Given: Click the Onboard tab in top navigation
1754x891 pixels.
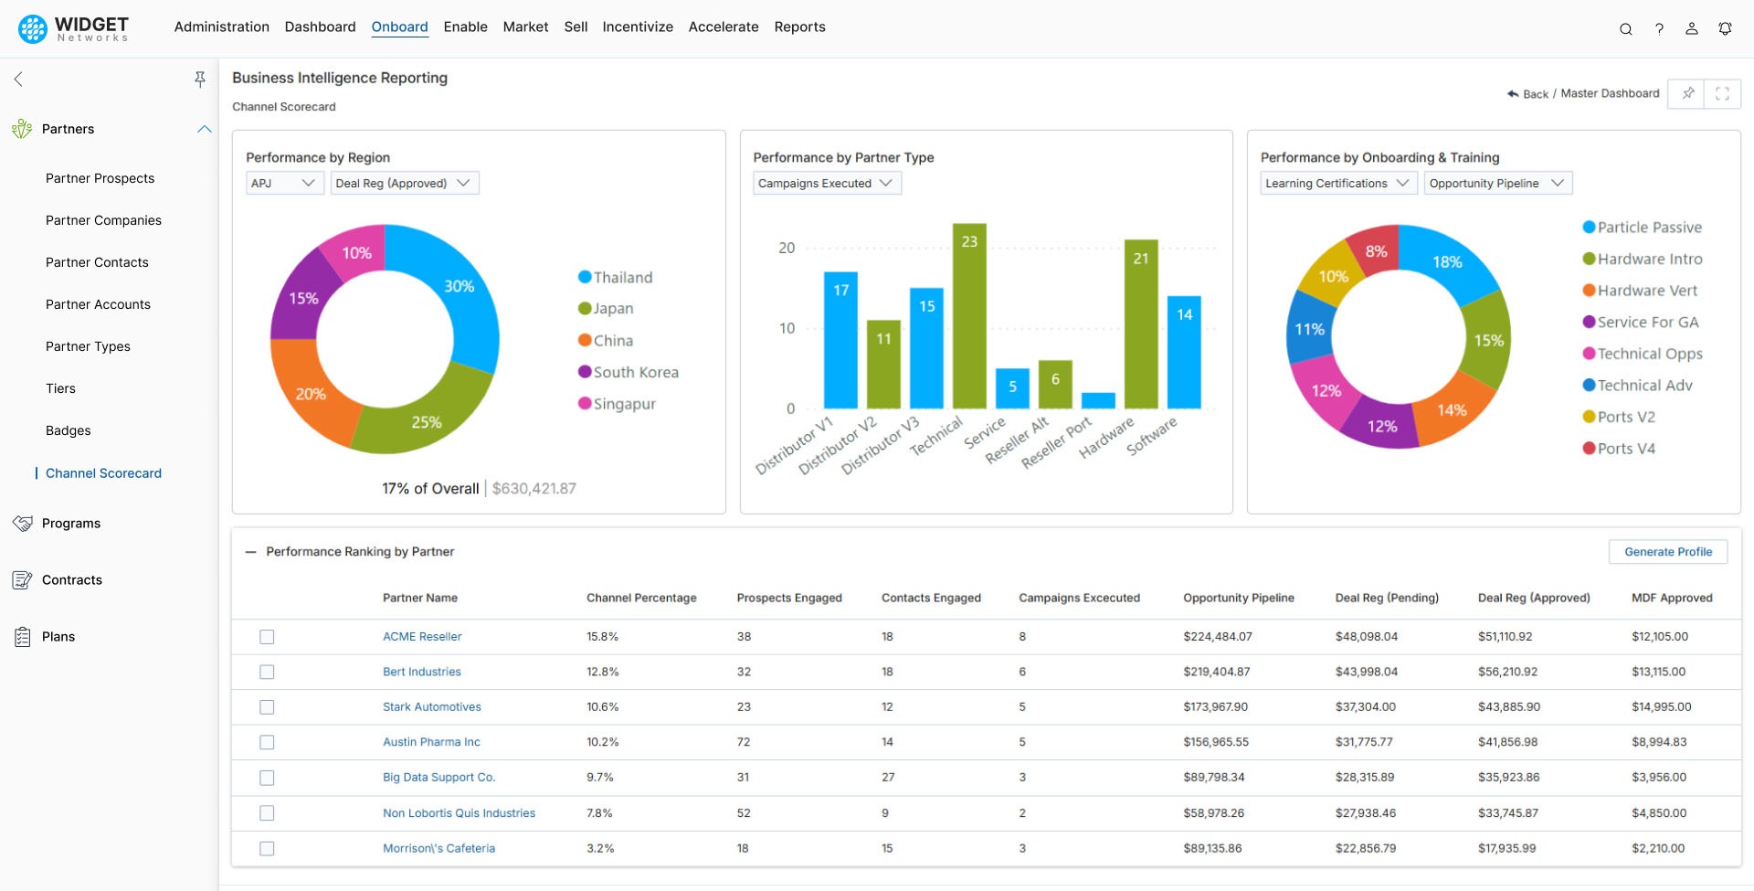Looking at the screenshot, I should [399, 27].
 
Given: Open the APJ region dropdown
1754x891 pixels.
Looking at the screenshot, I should [283, 183].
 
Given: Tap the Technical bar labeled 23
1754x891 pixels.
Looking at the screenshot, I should [969, 315].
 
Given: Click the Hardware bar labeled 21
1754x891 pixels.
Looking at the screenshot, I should [1141, 324].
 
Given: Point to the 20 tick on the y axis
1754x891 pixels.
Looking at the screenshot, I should [787, 248].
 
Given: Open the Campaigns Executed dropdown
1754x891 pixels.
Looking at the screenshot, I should [826, 183].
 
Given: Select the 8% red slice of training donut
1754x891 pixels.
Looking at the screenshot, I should [1376, 250].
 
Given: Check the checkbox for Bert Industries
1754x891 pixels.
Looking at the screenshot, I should [267, 672].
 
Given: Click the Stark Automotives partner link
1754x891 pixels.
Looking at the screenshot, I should [431, 706].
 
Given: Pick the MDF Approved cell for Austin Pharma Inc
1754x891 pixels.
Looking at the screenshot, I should [1658, 742].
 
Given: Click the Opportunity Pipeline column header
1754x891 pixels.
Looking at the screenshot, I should [1238, 598].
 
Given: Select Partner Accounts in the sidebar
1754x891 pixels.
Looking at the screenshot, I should [98, 304].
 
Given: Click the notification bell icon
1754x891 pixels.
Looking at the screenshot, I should [1724, 28].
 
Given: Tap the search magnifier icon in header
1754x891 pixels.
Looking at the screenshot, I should [1625, 28].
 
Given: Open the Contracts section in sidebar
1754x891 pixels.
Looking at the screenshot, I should [72, 579].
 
